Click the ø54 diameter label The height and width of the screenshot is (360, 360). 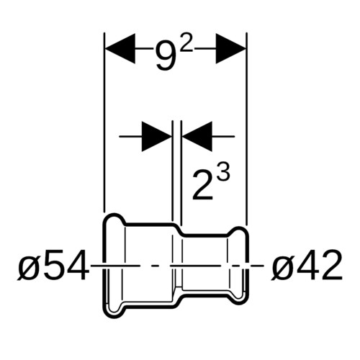coord(53,266)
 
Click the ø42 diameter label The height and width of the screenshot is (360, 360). coord(307,266)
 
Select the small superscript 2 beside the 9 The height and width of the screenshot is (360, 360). coord(186,44)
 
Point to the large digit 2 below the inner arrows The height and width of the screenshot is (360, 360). coord(203,186)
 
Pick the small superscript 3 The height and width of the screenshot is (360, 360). coord(223,173)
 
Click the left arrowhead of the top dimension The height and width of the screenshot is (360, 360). coord(120,49)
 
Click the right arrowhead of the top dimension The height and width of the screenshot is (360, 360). coord(231,49)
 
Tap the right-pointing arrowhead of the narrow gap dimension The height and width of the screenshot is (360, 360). coord(157,136)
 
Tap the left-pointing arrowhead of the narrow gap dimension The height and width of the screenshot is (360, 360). coord(197,136)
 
